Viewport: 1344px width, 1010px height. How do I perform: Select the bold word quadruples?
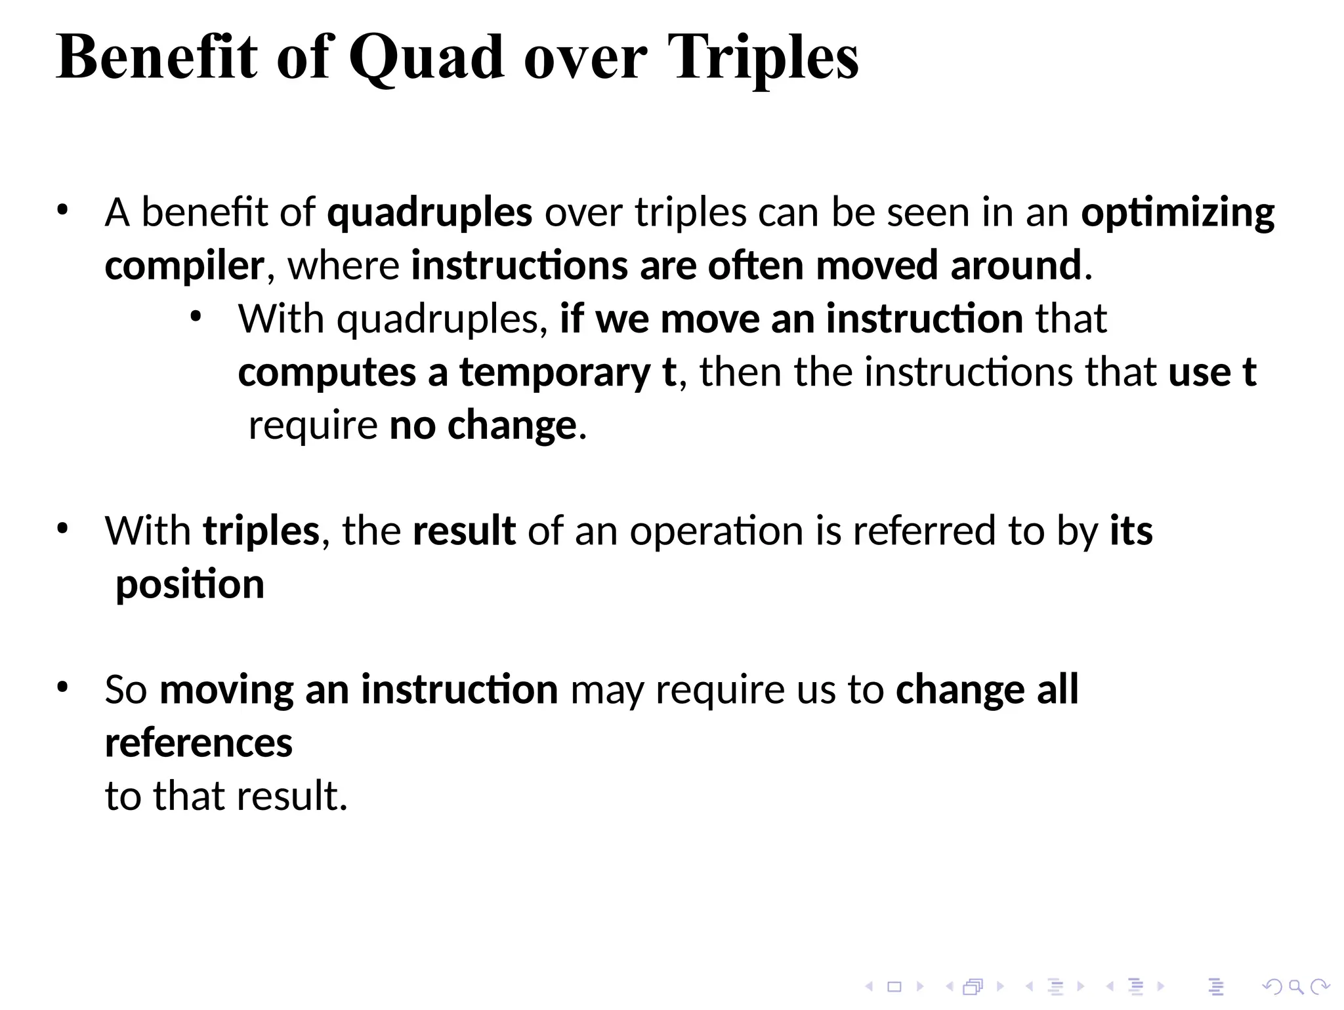pos(429,213)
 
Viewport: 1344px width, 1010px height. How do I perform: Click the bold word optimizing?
pos(1177,213)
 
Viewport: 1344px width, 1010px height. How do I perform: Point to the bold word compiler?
pos(184,266)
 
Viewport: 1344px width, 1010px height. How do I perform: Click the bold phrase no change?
pos(482,426)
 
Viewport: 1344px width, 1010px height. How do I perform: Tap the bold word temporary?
pos(555,373)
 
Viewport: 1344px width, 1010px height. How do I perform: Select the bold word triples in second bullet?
pos(261,531)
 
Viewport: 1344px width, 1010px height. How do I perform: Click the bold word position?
pos(190,584)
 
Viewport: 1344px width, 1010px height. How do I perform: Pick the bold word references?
pos(198,743)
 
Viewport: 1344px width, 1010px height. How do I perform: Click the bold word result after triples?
pos(463,531)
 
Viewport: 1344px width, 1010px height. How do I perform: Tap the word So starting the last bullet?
pos(125,690)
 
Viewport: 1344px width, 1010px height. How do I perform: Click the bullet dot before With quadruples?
pos(195,318)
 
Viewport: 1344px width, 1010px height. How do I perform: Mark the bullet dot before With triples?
pos(62,529)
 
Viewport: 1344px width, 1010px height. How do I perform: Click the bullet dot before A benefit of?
pos(62,211)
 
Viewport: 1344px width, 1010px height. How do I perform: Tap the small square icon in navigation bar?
pos(894,986)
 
